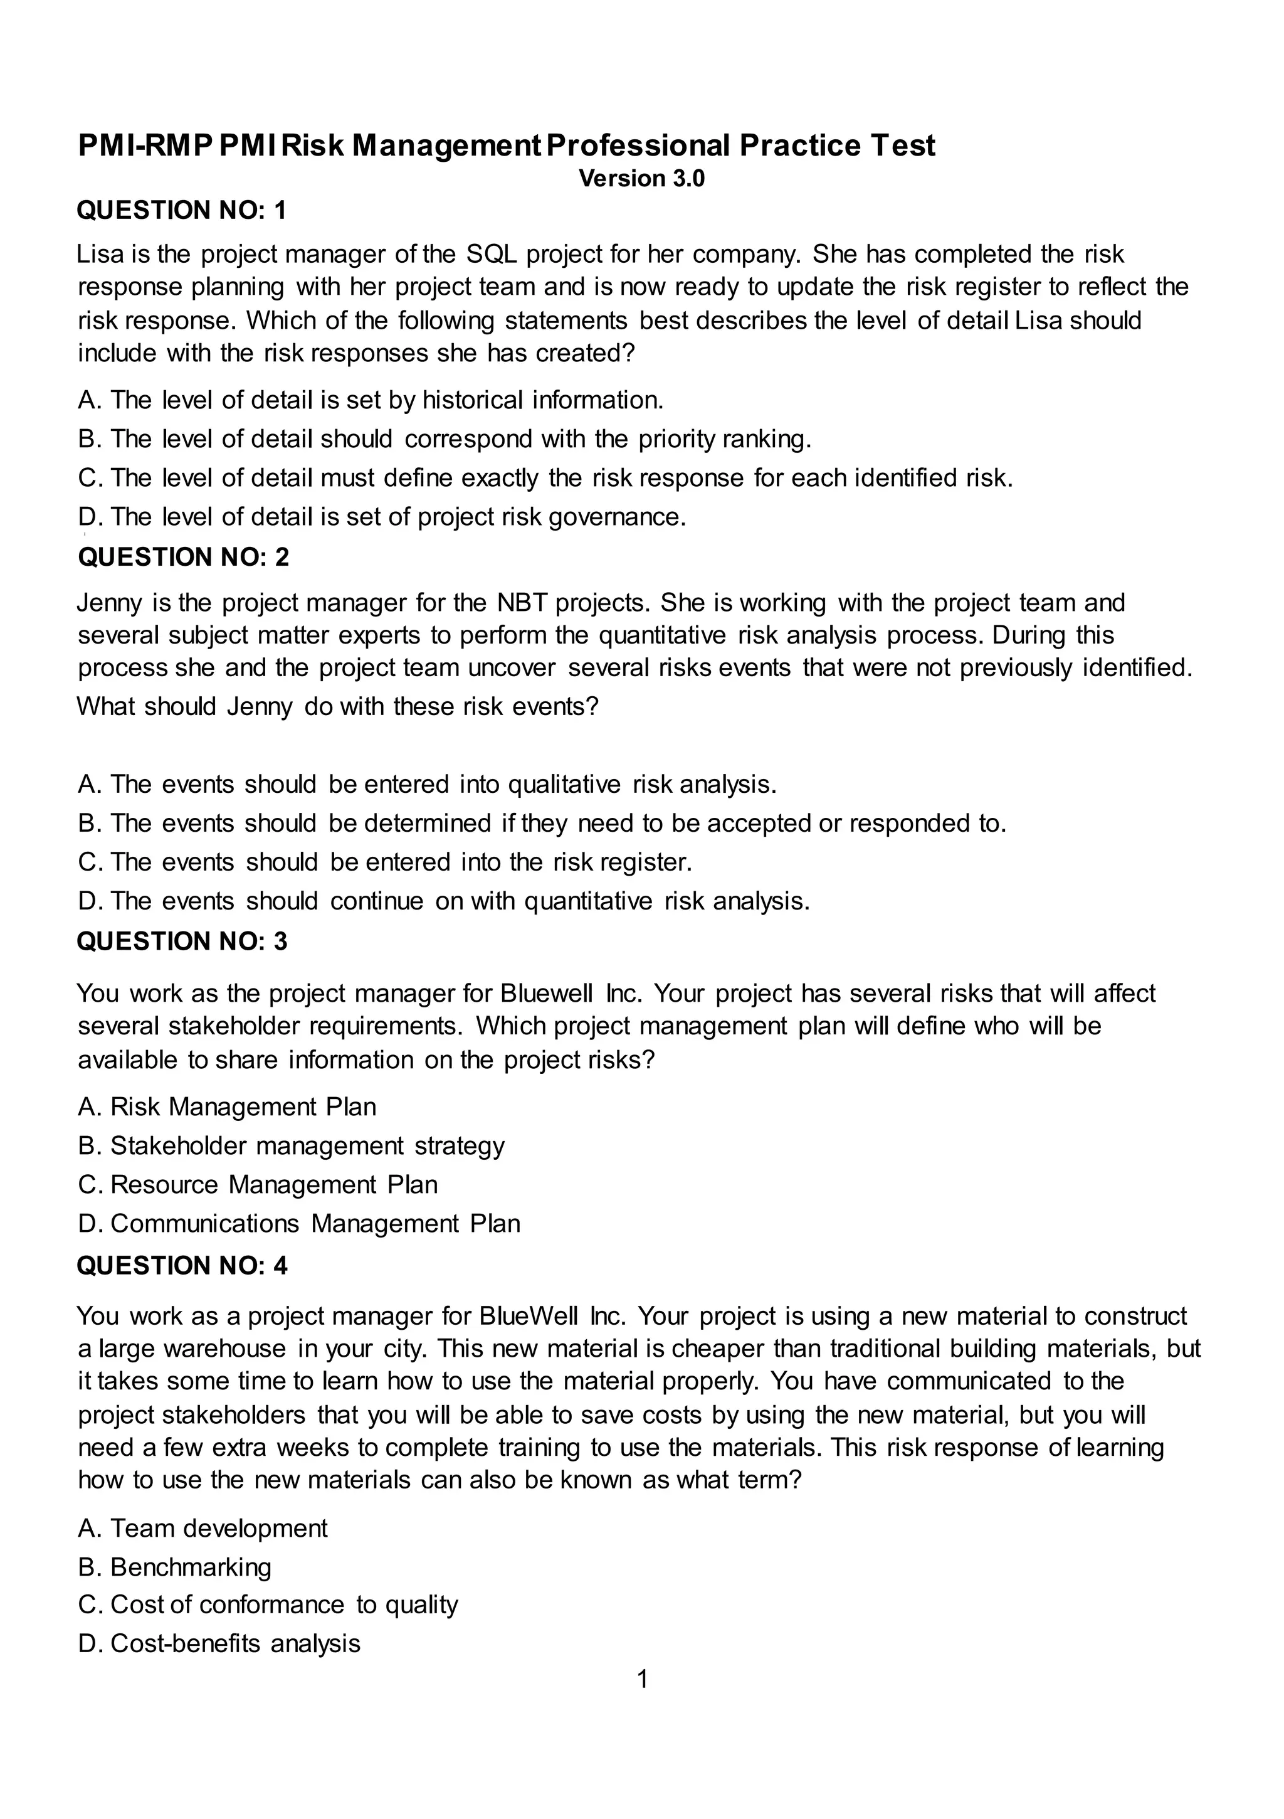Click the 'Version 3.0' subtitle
tap(641, 178)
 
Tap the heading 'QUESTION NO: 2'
tap(183, 557)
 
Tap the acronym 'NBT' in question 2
tap(522, 603)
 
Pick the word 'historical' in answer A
tap(472, 400)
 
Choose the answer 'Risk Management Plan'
tap(243, 1107)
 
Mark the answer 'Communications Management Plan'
tap(315, 1223)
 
